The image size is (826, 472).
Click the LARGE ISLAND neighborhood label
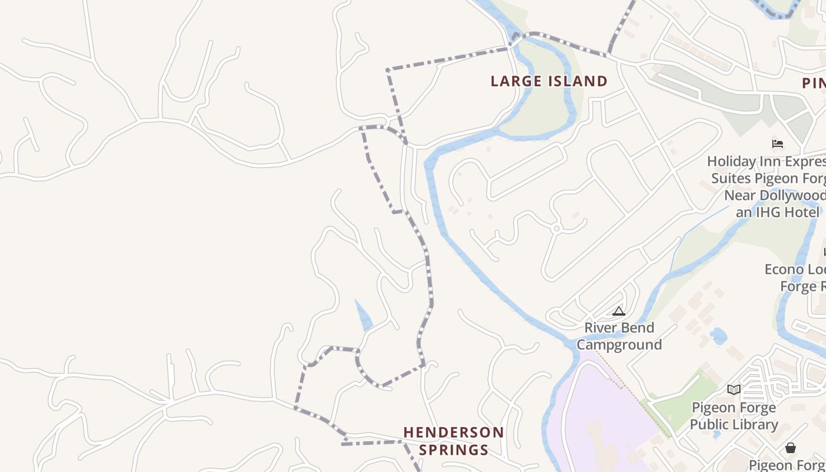[x=549, y=81]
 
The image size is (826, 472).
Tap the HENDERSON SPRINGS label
[x=454, y=441]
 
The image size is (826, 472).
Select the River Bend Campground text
[x=619, y=336]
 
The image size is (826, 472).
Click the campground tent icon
[x=618, y=311]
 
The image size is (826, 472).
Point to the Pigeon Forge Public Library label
[x=734, y=416]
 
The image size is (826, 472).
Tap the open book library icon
[x=733, y=389]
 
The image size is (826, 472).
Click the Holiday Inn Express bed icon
[x=778, y=143]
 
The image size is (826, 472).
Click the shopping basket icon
[x=791, y=448]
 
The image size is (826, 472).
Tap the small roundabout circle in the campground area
[x=556, y=228]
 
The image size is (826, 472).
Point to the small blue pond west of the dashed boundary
[x=363, y=316]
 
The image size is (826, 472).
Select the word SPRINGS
[x=454, y=450]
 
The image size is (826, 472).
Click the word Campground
[x=619, y=345]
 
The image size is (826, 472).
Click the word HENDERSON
[x=454, y=432]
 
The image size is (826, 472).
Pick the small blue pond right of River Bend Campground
[x=718, y=336]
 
